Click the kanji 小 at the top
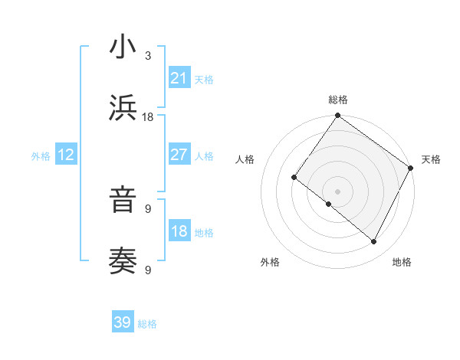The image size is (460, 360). [123, 47]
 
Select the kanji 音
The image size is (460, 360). [123, 201]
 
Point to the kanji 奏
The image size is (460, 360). [123, 260]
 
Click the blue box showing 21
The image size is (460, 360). [179, 78]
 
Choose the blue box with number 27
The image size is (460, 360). [179, 155]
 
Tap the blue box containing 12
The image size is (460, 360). [66, 155]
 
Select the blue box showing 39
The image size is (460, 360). [123, 322]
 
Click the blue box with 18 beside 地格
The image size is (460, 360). [179, 231]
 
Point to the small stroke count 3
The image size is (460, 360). [148, 56]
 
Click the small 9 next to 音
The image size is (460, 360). [148, 208]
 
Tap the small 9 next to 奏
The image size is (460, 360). [148, 270]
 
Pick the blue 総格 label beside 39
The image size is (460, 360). [147, 324]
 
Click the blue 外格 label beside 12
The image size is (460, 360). [41, 156]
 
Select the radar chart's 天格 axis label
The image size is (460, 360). [431, 159]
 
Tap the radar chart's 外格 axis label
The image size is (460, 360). [270, 262]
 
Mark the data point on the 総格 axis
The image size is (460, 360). [337, 116]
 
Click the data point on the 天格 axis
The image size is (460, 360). [410, 168]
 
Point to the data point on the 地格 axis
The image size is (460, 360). [374, 242]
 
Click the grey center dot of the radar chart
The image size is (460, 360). [337, 191]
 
